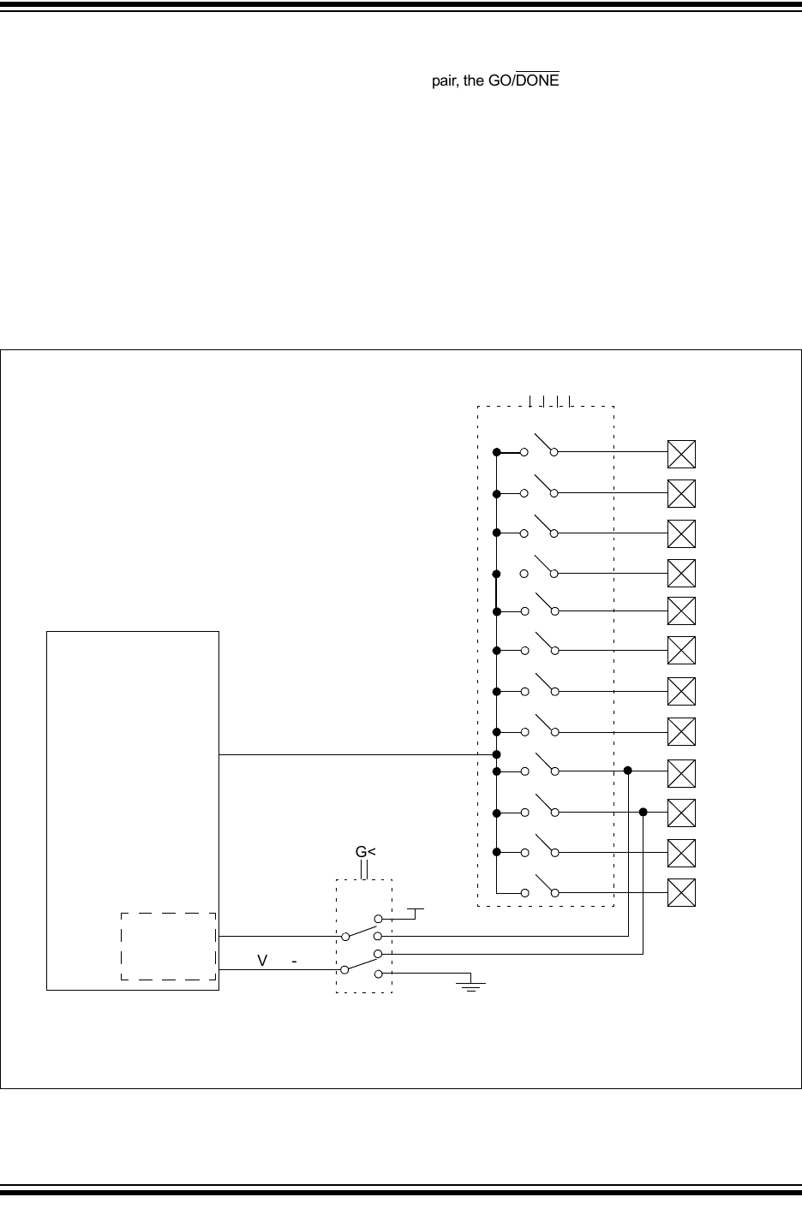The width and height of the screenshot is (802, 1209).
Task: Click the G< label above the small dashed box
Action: [366, 852]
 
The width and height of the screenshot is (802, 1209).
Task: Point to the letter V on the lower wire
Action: [264, 962]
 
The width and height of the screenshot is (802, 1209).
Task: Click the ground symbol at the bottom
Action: [470, 984]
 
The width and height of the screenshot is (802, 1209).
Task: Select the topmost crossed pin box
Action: [681, 454]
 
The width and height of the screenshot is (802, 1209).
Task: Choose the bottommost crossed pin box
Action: [681, 893]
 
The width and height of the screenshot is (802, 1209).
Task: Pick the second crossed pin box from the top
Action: [681, 494]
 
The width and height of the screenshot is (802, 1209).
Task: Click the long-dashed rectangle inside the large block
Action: [168, 945]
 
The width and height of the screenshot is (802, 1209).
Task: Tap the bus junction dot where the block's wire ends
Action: [497, 754]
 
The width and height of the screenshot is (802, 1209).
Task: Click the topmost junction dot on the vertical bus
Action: [497, 451]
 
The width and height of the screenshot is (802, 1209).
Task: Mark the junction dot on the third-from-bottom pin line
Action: [643, 812]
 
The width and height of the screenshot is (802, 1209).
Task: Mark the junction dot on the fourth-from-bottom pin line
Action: [628, 771]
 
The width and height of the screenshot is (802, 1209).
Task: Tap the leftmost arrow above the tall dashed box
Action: [530, 401]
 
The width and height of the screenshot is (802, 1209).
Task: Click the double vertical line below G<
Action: [364, 870]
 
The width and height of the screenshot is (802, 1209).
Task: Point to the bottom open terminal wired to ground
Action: [378, 974]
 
